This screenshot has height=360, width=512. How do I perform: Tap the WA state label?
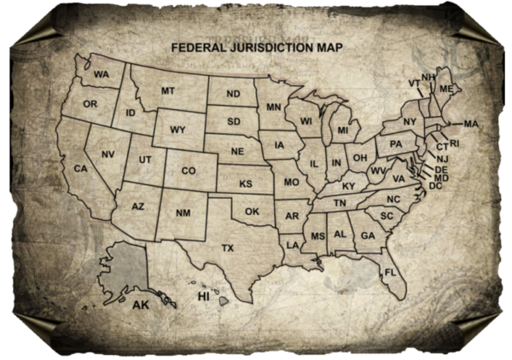pos(102,74)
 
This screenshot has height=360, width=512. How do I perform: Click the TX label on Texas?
pos(228,247)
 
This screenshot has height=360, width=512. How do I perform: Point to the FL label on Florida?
pos(390,271)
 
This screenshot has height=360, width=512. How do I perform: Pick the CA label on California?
pos(81,169)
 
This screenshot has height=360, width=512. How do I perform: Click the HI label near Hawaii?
pos(204,296)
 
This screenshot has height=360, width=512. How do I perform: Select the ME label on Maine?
pos(446,89)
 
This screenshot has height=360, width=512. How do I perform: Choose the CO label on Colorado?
pos(188,171)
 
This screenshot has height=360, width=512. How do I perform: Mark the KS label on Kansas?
pos(246,183)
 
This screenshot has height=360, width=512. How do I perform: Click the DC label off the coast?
pos(436,185)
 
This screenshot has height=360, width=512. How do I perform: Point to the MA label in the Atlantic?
pos(470,124)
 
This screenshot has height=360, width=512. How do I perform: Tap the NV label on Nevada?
pos(108,154)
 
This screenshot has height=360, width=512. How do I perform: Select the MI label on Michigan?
pos(343,131)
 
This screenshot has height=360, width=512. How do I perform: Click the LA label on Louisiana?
pos(293,245)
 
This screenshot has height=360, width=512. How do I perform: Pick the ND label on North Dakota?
pos(233,94)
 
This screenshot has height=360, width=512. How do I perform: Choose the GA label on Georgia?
pos(368,235)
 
